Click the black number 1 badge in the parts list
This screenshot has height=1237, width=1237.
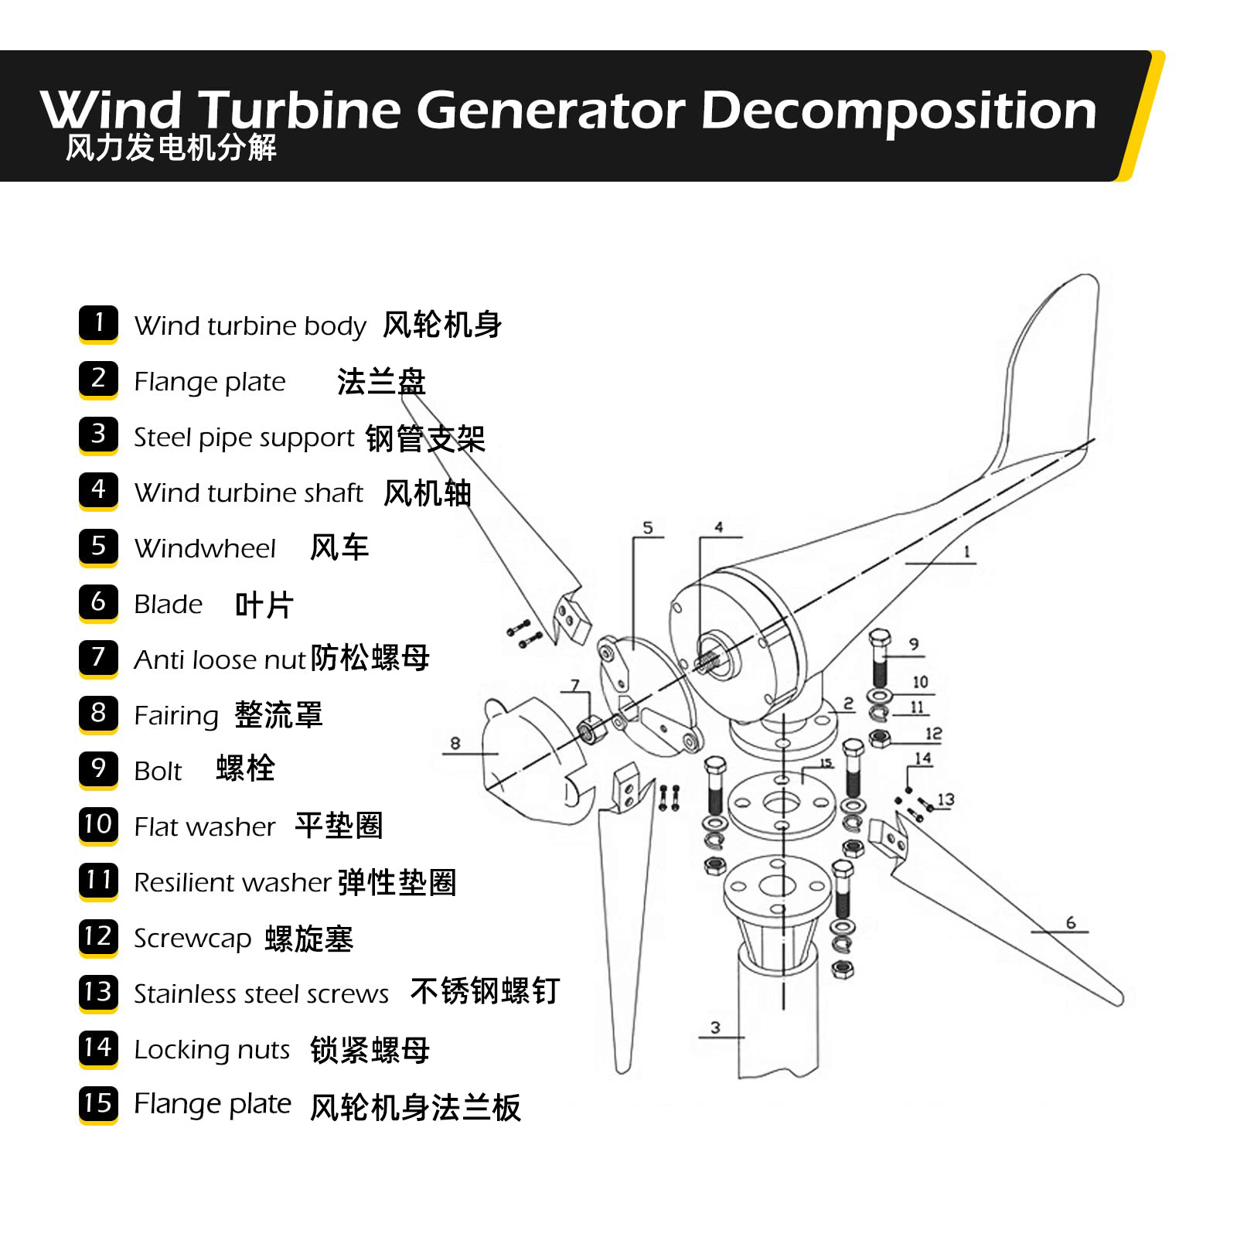pyautogui.click(x=98, y=324)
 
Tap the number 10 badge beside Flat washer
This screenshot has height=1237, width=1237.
pyautogui.click(x=98, y=825)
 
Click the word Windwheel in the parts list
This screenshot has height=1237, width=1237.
pyautogui.click(x=205, y=548)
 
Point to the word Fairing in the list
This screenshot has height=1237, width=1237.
pyautogui.click(x=176, y=716)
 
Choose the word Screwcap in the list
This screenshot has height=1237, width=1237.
pyautogui.click(x=193, y=939)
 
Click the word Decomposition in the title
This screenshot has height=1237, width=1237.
pyautogui.click(x=898, y=111)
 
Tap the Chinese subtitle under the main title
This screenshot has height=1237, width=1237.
pyautogui.click(x=171, y=148)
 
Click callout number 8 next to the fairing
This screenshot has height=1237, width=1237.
pyautogui.click(x=455, y=743)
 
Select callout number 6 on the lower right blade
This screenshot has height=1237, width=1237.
pyautogui.click(x=1071, y=922)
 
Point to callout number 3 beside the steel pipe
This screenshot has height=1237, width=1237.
pyautogui.click(x=715, y=1027)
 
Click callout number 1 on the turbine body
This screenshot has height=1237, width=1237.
pyautogui.click(x=966, y=552)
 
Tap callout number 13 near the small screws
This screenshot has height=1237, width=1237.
pyautogui.click(x=946, y=799)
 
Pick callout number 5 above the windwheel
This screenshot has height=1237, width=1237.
pyautogui.click(x=648, y=528)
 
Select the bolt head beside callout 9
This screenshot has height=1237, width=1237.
pyautogui.click(x=880, y=640)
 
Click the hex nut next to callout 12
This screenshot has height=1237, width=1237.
pyautogui.click(x=879, y=739)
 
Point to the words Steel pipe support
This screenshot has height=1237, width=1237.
pyautogui.click(x=244, y=438)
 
